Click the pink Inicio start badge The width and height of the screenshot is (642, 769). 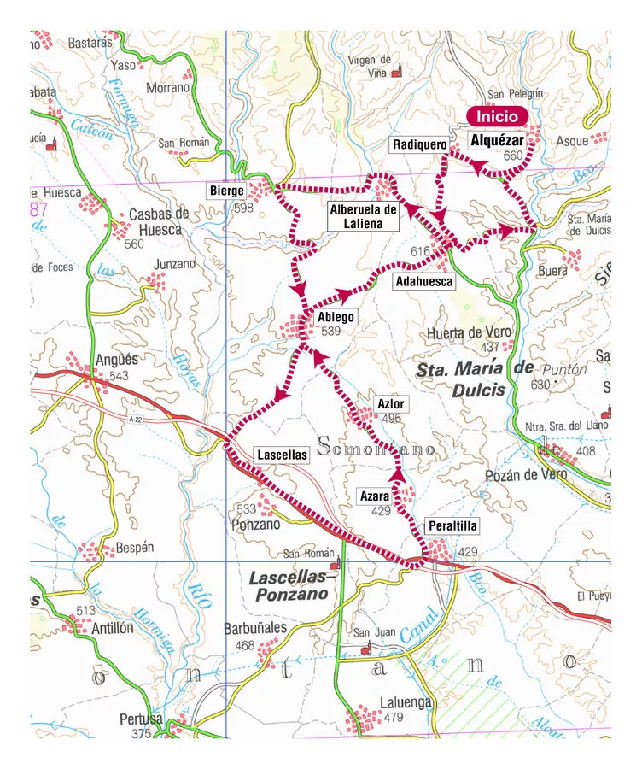tap(497, 117)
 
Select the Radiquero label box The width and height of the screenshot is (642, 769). tap(418, 145)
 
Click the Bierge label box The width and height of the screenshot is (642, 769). tap(227, 191)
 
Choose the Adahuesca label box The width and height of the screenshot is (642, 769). tap(423, 280)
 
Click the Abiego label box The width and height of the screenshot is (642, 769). tap(335, 317)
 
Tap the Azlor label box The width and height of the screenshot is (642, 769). tap(391, 403)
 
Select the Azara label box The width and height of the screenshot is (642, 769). tap(374, 496)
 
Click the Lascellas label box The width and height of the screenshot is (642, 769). tap(281, 455)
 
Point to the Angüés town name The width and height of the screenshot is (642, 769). tap(117, 361)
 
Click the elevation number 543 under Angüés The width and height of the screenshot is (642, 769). tap(119, 376)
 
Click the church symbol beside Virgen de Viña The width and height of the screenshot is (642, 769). tap(396, 74)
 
